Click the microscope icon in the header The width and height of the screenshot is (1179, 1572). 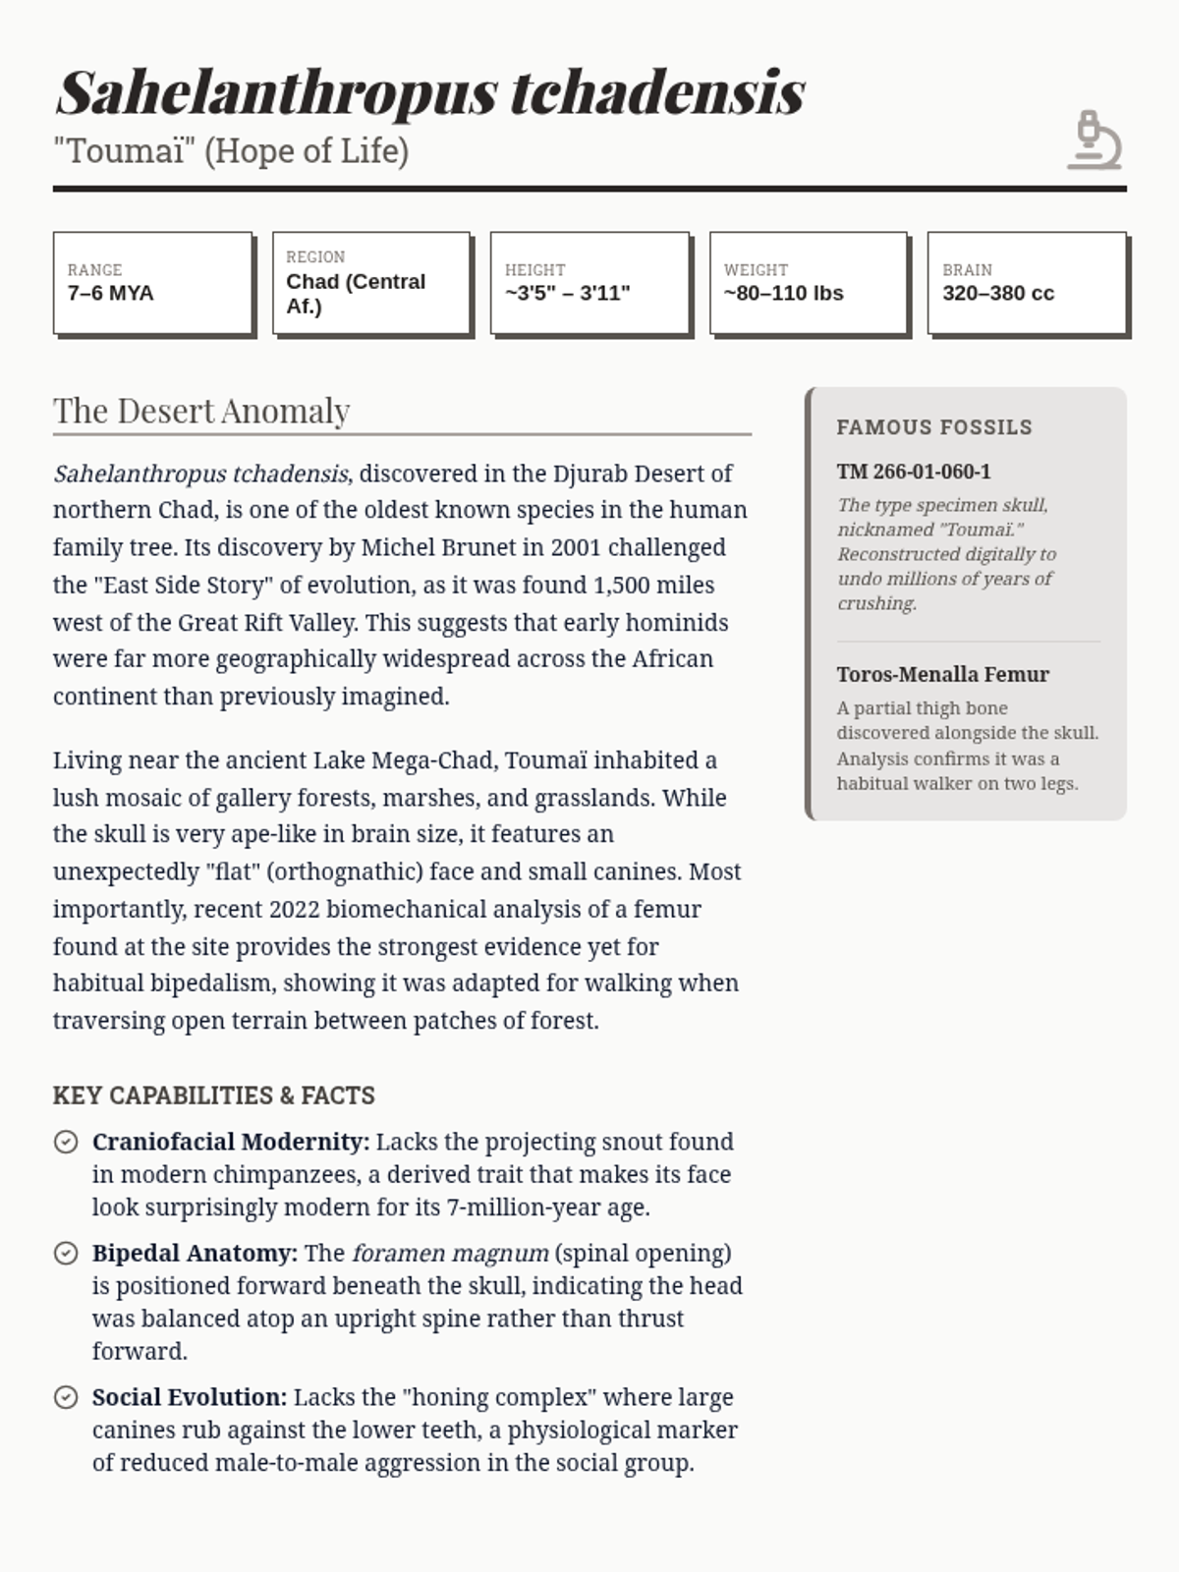[1095, 140]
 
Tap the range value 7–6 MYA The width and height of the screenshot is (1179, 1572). [110, 293]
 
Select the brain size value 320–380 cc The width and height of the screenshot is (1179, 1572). [997, 293]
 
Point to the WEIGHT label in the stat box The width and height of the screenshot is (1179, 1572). [756, 269]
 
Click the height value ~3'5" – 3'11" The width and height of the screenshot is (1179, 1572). [567, 293]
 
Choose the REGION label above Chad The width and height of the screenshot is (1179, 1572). [315, 256]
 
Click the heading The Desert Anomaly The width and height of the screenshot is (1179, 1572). [201, 411]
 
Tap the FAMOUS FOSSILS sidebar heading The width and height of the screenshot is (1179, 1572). [934, 427]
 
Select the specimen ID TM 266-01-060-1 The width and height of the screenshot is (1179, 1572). [914, 472]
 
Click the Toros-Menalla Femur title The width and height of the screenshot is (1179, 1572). [942, 674]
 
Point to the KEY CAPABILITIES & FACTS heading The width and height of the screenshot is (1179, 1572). [214, 1095]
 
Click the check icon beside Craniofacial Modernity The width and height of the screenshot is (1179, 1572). [66, 1142]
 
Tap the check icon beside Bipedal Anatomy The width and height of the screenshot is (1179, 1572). [66, 1253]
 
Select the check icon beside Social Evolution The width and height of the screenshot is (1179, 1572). [66, 1397]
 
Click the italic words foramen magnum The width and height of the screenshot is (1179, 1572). [450, 1253]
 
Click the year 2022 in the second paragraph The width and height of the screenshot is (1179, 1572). [294, 909]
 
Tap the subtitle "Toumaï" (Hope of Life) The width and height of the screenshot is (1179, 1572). [231, 151]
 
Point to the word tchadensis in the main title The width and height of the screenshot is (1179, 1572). [657, 93]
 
